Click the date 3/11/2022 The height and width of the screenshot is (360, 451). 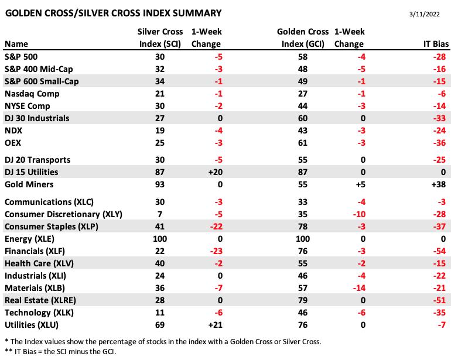pyautogui.click(x=425, y=14)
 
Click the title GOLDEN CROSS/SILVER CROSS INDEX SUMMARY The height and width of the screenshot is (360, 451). pyautogui.click(x=113, y=13)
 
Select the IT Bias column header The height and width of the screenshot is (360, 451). pyautogui.click(x=436, y=44)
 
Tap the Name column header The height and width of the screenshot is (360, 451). pyautogui.click(x=16, y=44)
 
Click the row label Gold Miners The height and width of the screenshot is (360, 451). pyautogui.click(x=29, y=184)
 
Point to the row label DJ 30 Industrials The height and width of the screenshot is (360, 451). pyautogui.click(x=37, y=118)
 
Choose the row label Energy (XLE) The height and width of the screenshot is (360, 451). pyautogui.click(x=29, y=239)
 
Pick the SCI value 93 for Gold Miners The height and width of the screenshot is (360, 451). pyautogui.click(x=160, y=184)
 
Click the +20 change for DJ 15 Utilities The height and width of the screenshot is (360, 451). pyautogui.click(x=215, y=172)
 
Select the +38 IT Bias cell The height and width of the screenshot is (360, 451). pyautogui.click(x=439, y=184)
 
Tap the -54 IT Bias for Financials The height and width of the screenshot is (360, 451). pyautogui.click(x=439, y=251)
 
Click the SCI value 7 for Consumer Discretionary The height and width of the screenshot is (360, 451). pyautogui.click(x=160, y=214)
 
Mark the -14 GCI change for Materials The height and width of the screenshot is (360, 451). pyautogui.click(x=359, y=288)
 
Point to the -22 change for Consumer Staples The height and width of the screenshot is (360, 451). pyautogui.click(x=216, y=227)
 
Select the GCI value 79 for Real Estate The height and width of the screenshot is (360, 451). pyautogui.click(x=303, y=300)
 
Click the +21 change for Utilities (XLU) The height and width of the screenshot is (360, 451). pyautogui.click(x=215, y=325)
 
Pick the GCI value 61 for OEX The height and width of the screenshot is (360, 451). pyautogui.click(x=303, y=143)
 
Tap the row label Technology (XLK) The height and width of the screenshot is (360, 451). pyautogui.click(x=39, y=313)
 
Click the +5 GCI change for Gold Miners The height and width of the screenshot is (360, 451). pyautogui.click(x=360, y=184)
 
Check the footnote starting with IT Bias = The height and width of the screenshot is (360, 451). pyautogui.click(x=60, y=351)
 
